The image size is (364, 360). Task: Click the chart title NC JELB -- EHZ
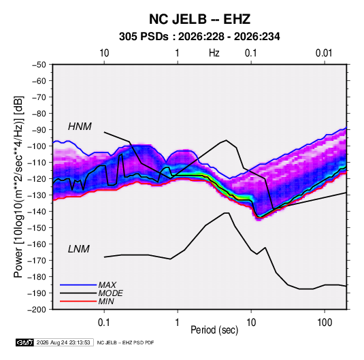pyautogui.click(x=199, y=19)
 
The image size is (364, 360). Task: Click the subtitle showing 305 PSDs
pyautogui.click(x=199, y=37)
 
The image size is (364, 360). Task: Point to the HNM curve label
pyautogui.click(x=80, y=127)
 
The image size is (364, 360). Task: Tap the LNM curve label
pyautogui.click(x=79, y=249)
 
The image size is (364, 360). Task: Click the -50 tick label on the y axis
pyautogui.click(x=39, y=65)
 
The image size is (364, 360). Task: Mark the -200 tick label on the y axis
pyautogui.click(x=37, y=310)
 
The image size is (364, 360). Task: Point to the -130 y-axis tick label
pyautogui.click(x=37, y=195)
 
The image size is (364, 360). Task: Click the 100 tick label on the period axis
pyautogui.click(x=325, y=323)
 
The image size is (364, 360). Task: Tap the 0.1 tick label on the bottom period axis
pyautogui.click(x=104, y=323)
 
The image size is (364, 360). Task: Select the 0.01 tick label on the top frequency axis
pyautogui.click(x=324, y=53)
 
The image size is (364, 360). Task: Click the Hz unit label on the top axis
pyautogui.click(x=214, y=53)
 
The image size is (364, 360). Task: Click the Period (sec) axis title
pyautogui.click(x=214, y=330)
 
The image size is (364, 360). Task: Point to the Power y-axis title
pyautogui.click(x=18, y=187)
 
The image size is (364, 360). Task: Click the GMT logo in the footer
pyautogui.click(x=24, y=342)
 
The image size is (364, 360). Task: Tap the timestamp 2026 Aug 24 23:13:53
pyautogui.click(x=63, y=342)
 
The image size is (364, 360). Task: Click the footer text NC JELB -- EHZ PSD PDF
pyautogui.click(x=125, y=343)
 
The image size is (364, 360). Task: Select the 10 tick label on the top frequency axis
pyautogui.click(x=104, y=53)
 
